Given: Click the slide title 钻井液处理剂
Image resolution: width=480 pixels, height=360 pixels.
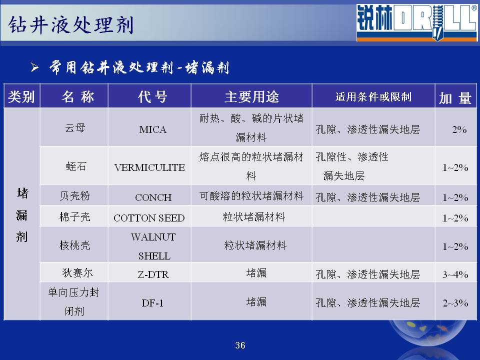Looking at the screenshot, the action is (70, 25).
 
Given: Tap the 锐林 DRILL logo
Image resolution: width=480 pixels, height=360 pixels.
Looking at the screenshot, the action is (416, 22).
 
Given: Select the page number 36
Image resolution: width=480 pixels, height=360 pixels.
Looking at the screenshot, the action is (240, 345).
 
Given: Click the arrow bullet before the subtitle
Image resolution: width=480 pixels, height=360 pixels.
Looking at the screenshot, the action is (34, 67).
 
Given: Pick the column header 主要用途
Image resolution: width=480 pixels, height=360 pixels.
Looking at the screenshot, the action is (251, 96).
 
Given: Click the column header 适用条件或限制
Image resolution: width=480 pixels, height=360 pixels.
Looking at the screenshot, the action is (373, 96).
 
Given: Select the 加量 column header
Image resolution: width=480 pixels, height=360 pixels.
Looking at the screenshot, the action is (455, 97).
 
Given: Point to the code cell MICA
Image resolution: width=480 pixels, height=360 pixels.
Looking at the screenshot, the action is (153, 129).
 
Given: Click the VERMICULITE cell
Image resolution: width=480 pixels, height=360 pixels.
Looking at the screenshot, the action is (149, 167).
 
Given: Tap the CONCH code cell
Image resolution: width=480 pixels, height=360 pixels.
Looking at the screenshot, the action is (153, 197).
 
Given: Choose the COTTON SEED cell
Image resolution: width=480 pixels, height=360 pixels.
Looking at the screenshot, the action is (149, 218).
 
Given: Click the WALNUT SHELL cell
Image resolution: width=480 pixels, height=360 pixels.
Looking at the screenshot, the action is (153, 246).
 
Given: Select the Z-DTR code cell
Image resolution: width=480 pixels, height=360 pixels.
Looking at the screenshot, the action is (153, 274).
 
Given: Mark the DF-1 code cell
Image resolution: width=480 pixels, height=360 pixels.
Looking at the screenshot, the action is (152, 303).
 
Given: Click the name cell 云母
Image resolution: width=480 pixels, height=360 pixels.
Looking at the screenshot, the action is (75, 127).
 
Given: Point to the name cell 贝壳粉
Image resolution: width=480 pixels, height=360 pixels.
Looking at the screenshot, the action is (75, 195).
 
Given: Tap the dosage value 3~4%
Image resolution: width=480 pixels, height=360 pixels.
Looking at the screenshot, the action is (455, 274).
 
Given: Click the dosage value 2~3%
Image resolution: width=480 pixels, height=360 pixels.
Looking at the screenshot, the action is (455, 303).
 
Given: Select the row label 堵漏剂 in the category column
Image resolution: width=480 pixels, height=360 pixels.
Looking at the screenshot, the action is (22, 215).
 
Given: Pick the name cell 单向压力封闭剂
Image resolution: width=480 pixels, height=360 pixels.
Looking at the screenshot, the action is (74, 302).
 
